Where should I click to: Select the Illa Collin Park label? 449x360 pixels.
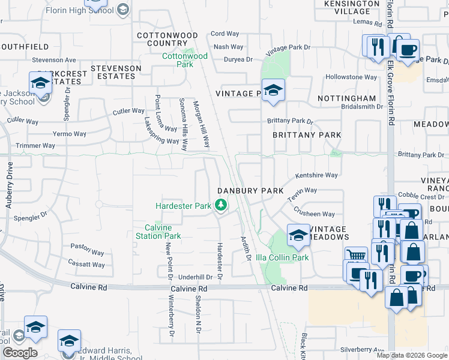[290, 258]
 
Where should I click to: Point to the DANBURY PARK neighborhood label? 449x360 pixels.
[250, 190]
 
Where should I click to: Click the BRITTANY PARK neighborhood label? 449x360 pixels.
[307, 136]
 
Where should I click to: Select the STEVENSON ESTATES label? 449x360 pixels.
[116, 72]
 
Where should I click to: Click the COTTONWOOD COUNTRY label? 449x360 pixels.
[162, 40]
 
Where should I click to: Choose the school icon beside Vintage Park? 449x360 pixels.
[273, 91]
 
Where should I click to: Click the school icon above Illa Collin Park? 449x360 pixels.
[298, 235]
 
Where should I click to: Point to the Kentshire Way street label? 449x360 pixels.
[316, 176]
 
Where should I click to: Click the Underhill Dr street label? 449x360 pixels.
[196, 277]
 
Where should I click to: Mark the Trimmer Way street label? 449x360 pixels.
[36, 146]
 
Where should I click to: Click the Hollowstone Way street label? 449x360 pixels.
[351, 77]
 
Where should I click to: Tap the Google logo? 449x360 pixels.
[20, 353]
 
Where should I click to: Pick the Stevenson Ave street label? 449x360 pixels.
[54, 60]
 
